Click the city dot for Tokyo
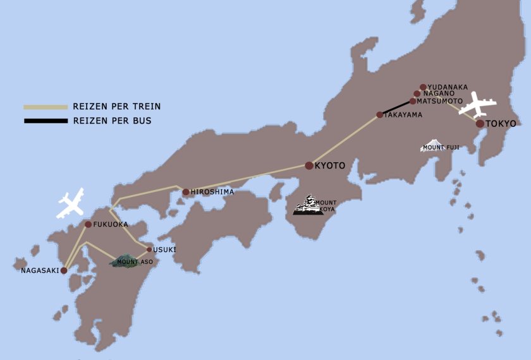tap(480, 123)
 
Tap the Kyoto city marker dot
tap(309, 165)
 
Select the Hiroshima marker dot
tap(186, 192)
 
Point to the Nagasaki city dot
tap(64, 270)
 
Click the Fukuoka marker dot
tap(88, 224)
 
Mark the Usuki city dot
tap(149, 249)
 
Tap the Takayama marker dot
tap(380, 115)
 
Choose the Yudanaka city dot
tap(423, 87)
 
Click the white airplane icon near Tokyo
tap(477, 105)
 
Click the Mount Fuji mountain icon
tap(432, 145)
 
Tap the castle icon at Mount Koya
tap(308, 206)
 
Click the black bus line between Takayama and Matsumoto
tap(396, 108)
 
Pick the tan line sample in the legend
tap(46, 107)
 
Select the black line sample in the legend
tap(46, 121)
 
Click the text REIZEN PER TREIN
tap(117, 107)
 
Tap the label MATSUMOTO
tap(441, 101)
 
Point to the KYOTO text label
tap(330, 165)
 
